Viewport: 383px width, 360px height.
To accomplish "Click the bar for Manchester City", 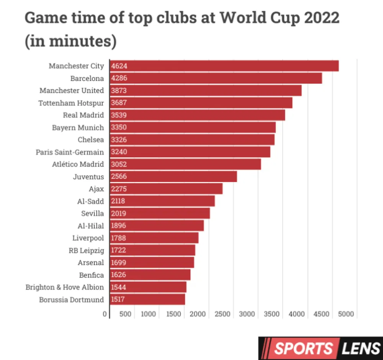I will [x=224, y=66].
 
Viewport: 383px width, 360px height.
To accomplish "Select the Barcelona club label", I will [x=87, y=78].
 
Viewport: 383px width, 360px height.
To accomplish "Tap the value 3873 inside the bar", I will [x=119, y=91].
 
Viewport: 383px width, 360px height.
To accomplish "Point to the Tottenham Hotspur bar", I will [x=201, y=103].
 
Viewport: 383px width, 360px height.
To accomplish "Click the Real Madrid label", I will [x=83, y=115].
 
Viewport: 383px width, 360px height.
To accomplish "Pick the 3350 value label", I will [x=119, y=127].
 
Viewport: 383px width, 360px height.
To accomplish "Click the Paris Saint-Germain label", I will [x=70, y=152].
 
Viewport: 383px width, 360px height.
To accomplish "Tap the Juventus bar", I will [x=173, y=177].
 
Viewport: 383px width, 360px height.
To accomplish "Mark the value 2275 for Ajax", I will [x=119, y=189].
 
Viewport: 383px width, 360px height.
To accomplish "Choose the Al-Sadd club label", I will [x=90, y=201].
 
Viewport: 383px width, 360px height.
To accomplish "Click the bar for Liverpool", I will [x=154, y=238].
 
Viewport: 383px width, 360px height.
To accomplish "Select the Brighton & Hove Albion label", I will [x=65, y=287].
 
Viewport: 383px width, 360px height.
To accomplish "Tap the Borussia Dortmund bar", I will [x=147, y=300].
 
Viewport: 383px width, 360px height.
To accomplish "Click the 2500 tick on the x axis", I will [x=223, y=314].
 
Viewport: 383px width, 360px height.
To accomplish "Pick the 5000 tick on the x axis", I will [x=346, y=314].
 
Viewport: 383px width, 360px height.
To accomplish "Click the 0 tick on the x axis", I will [x=105, y=314].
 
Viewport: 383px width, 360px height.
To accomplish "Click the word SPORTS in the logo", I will [x=303, y=349].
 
